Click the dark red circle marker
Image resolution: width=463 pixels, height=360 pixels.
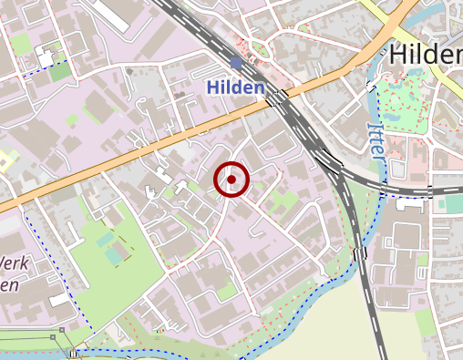tap(231, 180)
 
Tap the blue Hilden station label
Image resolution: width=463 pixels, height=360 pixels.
tap(235, 87)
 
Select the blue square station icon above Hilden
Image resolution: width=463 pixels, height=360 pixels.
tap(237, 63)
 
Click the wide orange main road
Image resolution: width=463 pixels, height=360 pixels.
tap(137, 151)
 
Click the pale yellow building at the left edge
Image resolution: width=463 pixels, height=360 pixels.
tap(4, 162)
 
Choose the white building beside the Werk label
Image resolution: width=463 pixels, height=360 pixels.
tap(59, 300)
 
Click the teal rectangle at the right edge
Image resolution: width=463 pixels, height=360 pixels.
tap(451, 205)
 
